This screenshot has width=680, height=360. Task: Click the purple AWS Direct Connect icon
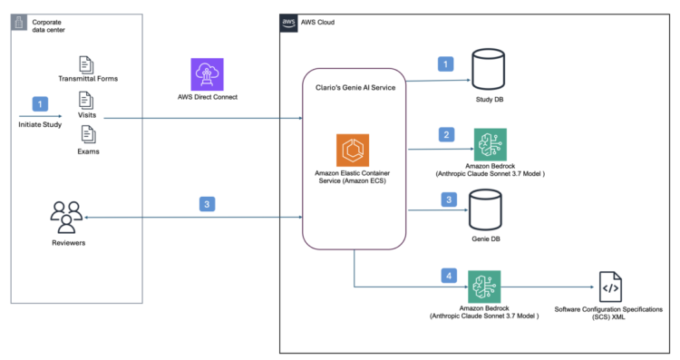[x=208, y=73]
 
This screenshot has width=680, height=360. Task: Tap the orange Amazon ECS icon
[x=352, y=150]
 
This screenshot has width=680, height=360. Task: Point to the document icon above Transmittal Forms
[x=88, y=64]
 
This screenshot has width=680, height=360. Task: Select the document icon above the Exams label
[x=88, y=134]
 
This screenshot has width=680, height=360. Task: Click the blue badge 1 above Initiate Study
[x=39, y=104]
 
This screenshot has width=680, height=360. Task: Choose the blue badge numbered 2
[x=445, y=135]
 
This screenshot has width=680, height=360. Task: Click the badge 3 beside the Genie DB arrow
[x=445, y=200]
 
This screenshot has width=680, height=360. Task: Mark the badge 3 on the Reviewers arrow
[x=208, y=205]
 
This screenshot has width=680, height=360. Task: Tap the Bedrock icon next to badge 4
[x=484, y=287]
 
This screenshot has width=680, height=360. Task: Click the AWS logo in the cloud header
[x=289, y=22]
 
